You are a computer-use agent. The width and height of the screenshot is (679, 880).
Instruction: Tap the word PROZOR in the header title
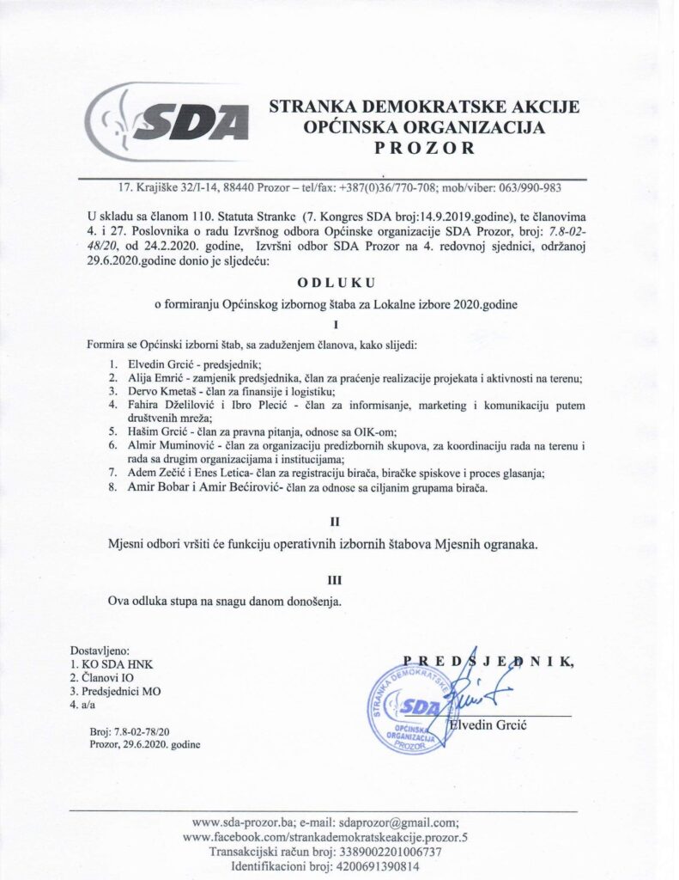pyautogui.click(x=424, y=148)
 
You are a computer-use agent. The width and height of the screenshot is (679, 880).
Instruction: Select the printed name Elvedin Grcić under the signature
pyautogui.click(x=488, y=726)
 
